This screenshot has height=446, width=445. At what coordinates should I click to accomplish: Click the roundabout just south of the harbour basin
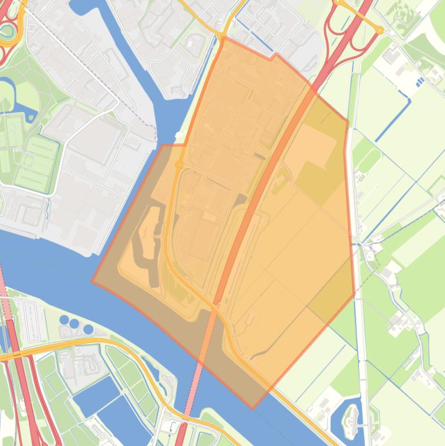pos(179,165)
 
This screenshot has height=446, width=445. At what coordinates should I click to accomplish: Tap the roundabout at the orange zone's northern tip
pos(222,37)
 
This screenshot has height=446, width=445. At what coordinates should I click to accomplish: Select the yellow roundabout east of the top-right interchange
pos(380,30)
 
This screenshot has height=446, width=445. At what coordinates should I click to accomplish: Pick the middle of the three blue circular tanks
pos(75,324)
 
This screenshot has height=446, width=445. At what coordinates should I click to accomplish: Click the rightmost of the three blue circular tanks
pos(88,329)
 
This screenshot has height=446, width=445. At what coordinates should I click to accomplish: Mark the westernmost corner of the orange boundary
pos(92,282)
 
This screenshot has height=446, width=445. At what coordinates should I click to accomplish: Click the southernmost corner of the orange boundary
pos(253,408)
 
